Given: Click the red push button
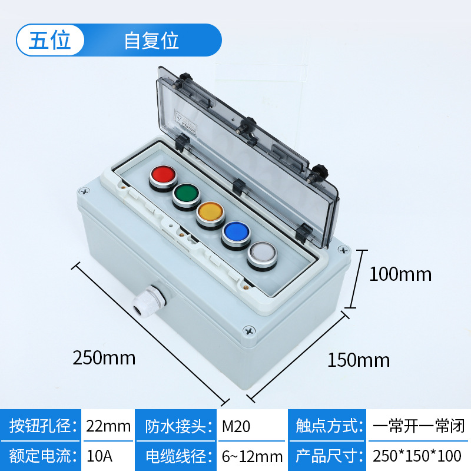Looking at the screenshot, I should pyautogui.click(x=163, y=175).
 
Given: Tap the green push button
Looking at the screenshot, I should pyautogui.click(x=186, y=194).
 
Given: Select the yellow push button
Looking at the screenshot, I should pyautogui.click(x=210, y=213).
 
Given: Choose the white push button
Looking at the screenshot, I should pyautogui.click(x=261, y=254).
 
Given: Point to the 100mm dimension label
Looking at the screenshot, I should pyautogui.click(x=400, y=274).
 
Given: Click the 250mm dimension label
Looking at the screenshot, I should pyautogui.click(x=104, y=357).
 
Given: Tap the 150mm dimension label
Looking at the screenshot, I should pyautogui.click(x=359, y=360).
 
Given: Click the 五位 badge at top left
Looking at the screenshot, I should pyautogui.click(x=50, y=40).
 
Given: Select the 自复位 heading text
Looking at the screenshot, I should pyautogui.click(x=151, y=41).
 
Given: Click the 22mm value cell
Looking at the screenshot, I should pyautogui.click(x=108, y=426).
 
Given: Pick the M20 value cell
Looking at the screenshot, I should pyautogui.click(x=236, y=426).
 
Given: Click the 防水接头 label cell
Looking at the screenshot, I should pyautogui.click(x=177, y=426).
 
